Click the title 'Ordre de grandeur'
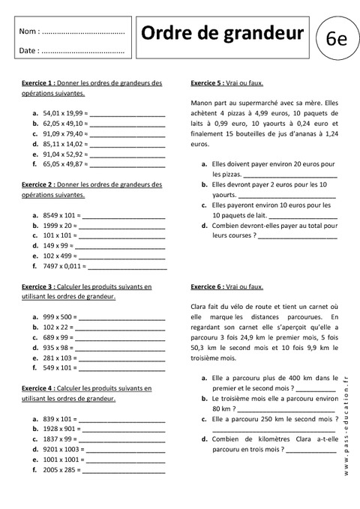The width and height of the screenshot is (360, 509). tap(223, 33)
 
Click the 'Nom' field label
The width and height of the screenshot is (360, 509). tap(28, 31)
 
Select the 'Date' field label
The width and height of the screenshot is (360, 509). tap(28, 51)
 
